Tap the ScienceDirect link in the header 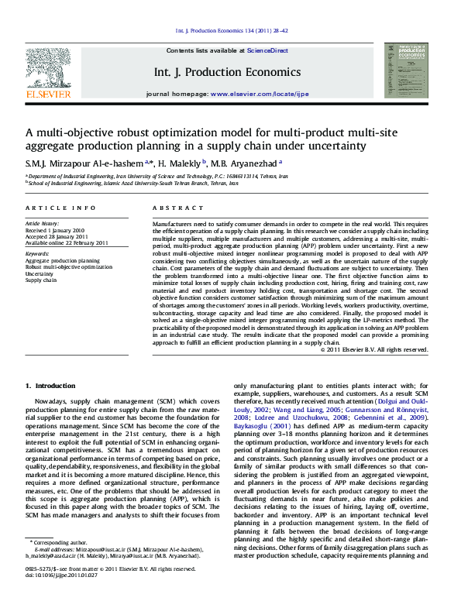[x=267, y=50]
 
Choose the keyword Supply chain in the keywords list [x=41, y=280]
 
